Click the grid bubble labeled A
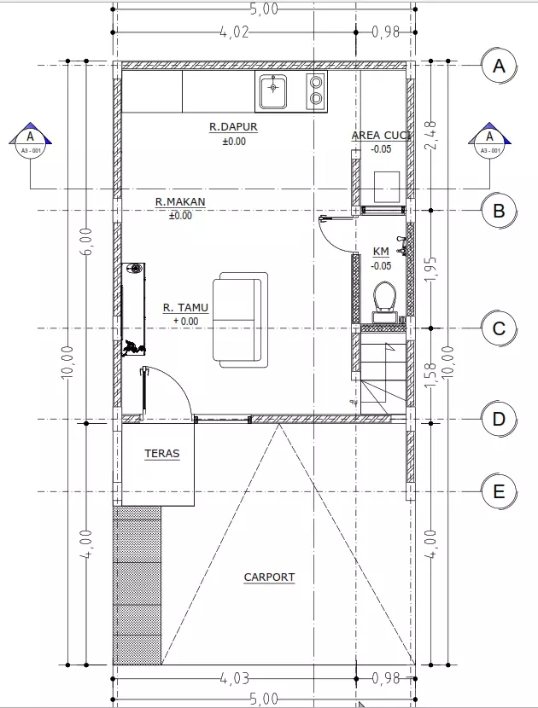click(x=499, y=66)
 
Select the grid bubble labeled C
click(x=499, y=328)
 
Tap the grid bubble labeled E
click(x=499, y=491)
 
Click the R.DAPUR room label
click(x=233, y=126)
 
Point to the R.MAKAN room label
click(x=180, y=201)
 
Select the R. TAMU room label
click(x=186, y=307)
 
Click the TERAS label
click(x=162, y=453)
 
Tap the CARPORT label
click(x=269, y=577)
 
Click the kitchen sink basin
click(x=272, y=91)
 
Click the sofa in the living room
click(x=240, y=320)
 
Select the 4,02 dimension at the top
click(x=234, y=32)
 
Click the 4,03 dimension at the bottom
click(x=234, y=678)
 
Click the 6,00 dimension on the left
click(x=87, y=241)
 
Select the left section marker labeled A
click(x=30, y=140)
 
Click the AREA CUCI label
click(x=381, y=135)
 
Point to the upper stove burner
click(x=317, y=82)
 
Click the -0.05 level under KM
click(x=381, y=266)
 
